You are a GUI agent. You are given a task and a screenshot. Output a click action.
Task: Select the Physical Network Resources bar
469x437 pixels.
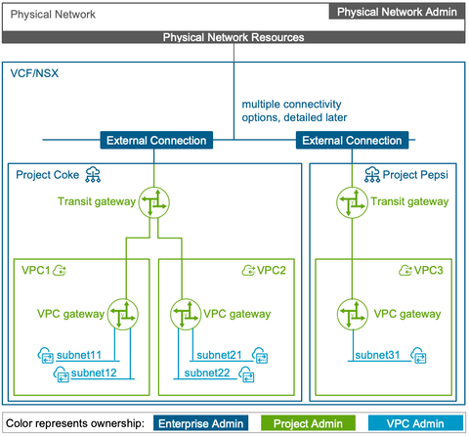pos(234,37)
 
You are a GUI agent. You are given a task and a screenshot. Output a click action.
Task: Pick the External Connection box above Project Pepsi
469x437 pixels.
pos(352,140)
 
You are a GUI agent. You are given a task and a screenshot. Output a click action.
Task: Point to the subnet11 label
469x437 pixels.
pos(84,354)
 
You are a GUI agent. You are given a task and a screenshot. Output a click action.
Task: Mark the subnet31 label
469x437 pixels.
pos(379,354)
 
